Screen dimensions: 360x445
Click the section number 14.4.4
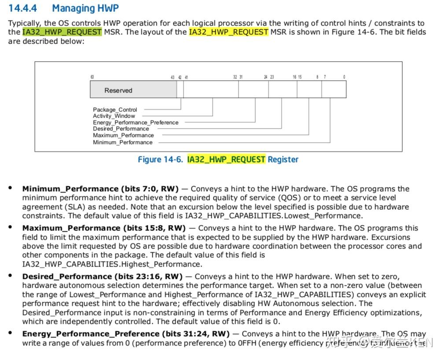pyautogui.click(x=22, y=8)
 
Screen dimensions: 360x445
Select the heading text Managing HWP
pyautogui.click(x=85, y=8)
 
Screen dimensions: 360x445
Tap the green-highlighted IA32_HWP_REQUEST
pyautogui.click(x=62, y=32)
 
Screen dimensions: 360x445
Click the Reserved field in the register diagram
pyautogui.click(x=118, y=90)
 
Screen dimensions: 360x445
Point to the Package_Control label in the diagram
pyautogui.click(x=115, y=110)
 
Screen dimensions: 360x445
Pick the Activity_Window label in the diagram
pyautogui.click(x=114, y=116)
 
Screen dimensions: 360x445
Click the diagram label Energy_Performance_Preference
pyautogui.click(x=136, y=122)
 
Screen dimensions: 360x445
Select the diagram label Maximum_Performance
pyautogui.click(x=123, y=135)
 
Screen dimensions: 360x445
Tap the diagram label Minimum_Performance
pyautogui.click(x=122, y=142)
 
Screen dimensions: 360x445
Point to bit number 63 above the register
pyautogui.click(x=92, y=77)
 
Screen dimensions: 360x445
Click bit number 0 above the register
pyautogui.click(x=344, y=77)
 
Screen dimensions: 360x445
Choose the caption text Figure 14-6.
pyautogui.click(x=160, y=160)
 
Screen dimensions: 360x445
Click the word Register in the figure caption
pyautogui.click(x=283, y=160)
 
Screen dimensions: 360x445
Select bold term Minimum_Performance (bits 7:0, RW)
pyautogui.click(x=100, y=189)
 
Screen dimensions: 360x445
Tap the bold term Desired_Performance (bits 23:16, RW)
pyautogui.click(x=102, y=277)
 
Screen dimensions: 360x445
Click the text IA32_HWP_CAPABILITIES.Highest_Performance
pyautogui.click(x=112, y=264)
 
